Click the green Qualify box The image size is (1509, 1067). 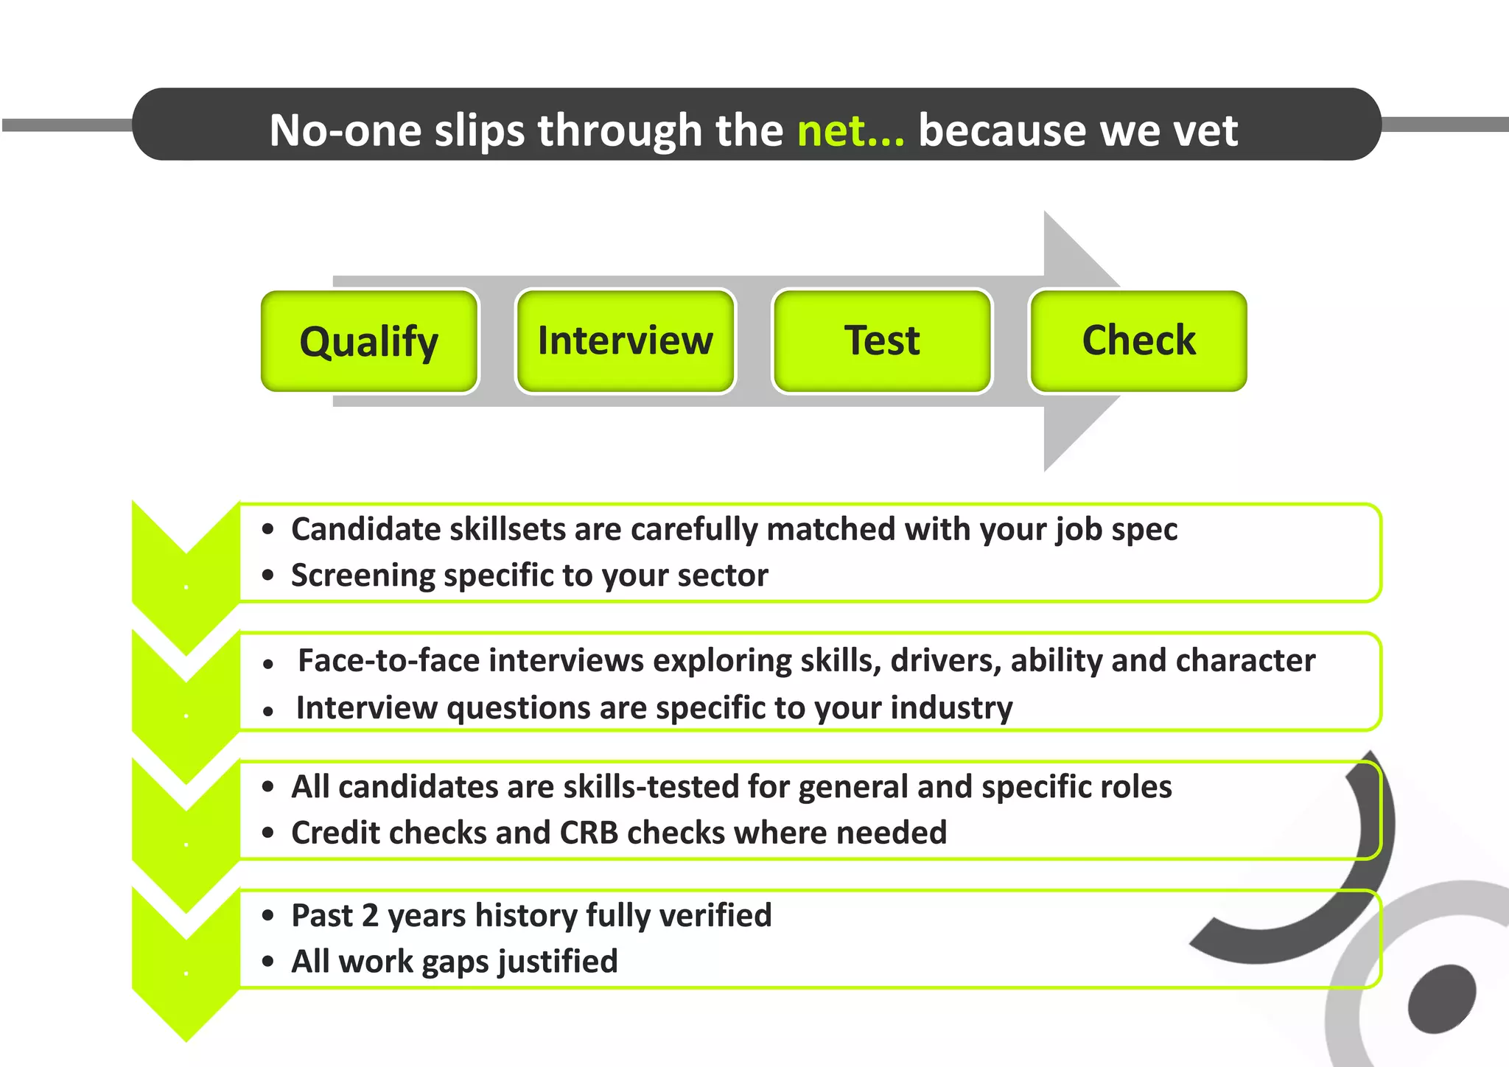point(369,341)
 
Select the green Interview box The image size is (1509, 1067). point(625,341)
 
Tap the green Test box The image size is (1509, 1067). point(881,341)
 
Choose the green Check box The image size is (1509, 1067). point(1138,341)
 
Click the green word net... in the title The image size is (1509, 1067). point(850,130)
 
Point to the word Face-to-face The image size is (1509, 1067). point(388,660)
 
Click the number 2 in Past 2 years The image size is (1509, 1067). point(371,916)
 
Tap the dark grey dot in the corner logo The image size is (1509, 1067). point(1441,999)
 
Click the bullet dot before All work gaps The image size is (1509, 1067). point(268,962)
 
